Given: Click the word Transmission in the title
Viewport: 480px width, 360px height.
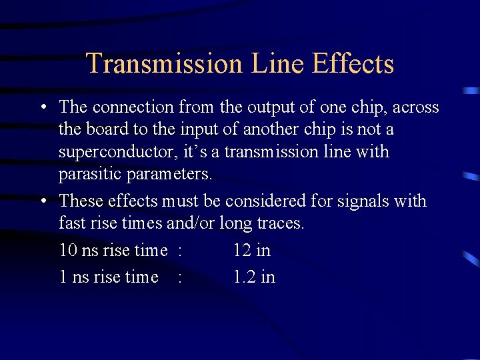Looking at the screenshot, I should (164, 64).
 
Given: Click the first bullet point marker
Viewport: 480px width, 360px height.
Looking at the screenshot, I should (43, 107).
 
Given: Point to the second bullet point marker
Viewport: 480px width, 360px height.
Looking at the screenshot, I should (43, 201).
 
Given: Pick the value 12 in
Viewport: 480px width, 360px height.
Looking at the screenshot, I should (252, 251).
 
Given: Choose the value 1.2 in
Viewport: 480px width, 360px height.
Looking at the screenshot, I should (254, 277).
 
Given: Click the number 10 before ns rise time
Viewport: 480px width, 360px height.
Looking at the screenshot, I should (68, 251).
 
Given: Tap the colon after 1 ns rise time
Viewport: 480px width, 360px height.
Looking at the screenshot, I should (180, 277).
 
